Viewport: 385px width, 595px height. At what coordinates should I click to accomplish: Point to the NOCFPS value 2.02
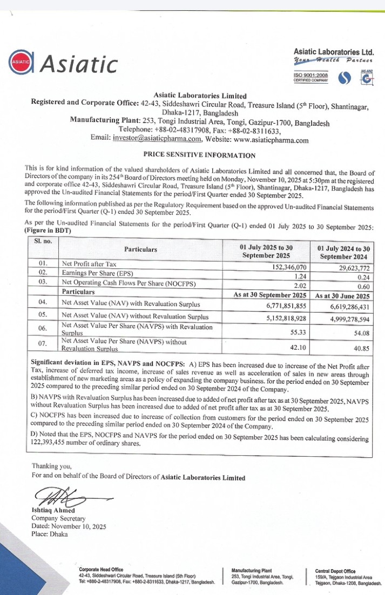coord(299,285)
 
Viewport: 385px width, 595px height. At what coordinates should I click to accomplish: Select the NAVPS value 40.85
coord(360,349)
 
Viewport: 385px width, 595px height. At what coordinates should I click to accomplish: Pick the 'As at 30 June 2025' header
coord(342,296)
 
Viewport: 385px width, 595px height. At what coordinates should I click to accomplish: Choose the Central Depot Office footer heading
coord(335,571)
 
